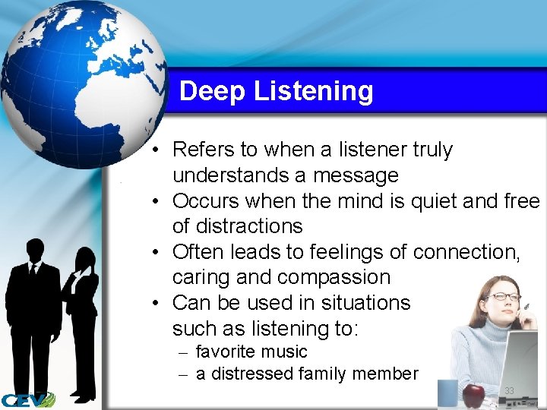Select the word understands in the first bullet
232,175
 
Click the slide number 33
509,391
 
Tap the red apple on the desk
473,395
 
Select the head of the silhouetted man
35,250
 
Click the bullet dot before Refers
154,150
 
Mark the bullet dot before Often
154,252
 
